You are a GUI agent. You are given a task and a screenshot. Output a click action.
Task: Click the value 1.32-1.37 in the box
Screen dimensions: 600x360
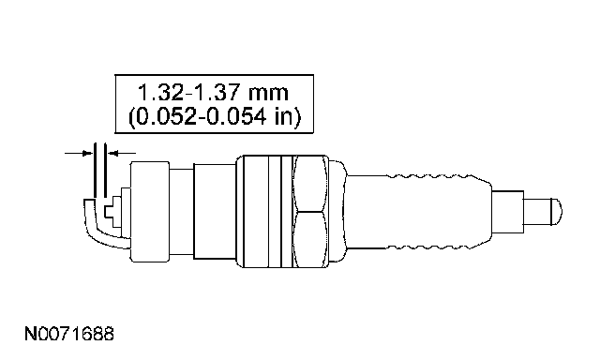click(188, 93)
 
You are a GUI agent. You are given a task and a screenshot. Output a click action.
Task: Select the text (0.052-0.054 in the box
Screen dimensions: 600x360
click(197, 116)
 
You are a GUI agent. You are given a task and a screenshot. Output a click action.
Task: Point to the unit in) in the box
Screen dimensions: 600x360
click(288, 116)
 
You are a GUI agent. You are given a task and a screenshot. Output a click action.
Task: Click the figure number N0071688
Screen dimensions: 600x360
click(69, 334)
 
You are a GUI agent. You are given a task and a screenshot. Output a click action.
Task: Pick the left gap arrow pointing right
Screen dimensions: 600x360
click(79, 153)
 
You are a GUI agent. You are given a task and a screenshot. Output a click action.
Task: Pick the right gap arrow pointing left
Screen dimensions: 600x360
click(122, 153)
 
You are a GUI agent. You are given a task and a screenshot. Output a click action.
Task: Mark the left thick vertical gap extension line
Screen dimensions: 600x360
click(94, 171)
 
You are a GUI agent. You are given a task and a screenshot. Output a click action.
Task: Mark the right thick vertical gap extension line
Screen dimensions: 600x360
click(105, 171)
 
